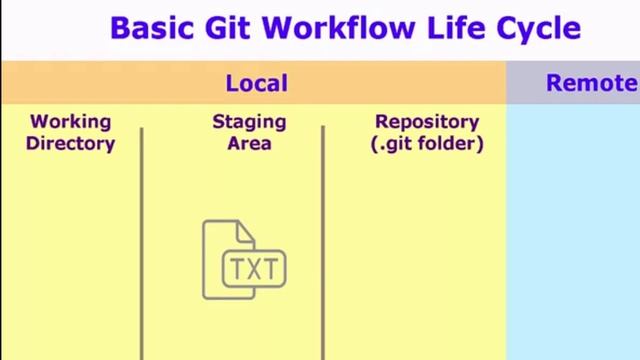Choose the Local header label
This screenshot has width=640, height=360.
pos(256,84)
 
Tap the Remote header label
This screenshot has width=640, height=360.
pos(591,84)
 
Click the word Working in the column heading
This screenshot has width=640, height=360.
pos(70,122)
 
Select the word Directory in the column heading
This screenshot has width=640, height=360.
pos(70,143)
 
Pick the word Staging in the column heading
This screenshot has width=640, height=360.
pos(249,122)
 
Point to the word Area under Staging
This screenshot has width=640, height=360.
pos(249,143)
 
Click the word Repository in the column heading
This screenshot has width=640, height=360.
pos(427,122)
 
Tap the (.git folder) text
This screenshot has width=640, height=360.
pos(427,143)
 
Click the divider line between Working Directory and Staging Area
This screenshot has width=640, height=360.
pos(142,240)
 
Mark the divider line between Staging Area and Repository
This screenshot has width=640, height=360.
pos(323,240)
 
